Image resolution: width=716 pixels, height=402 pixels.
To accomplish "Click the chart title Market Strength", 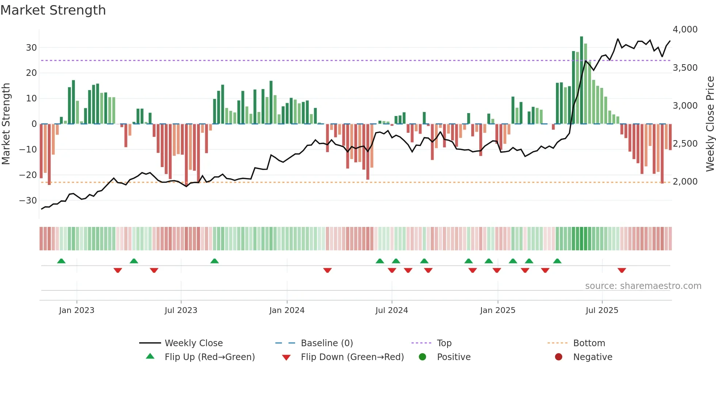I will coord(53,10).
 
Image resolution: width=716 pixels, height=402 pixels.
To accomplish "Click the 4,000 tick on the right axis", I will coord(685,30).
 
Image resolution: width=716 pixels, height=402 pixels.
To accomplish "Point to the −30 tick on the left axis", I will coord(28,200).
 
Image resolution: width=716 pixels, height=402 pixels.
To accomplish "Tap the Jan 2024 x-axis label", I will coord(287,310).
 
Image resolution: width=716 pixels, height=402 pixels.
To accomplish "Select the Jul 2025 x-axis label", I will coord(602,310).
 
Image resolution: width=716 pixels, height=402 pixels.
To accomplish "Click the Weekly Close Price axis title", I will coord(710,124).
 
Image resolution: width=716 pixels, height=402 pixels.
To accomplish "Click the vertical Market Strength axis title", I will coord(6,124).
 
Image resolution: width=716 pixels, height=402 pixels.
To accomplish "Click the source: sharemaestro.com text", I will coord(643,286).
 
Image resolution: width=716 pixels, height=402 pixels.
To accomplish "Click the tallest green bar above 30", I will coord(582,80).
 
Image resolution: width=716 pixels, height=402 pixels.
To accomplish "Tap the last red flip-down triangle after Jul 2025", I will coord(622,270).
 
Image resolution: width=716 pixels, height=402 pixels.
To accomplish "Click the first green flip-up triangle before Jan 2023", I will coord(61,261).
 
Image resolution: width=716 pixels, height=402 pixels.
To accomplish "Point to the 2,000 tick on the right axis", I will coord(685,182).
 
